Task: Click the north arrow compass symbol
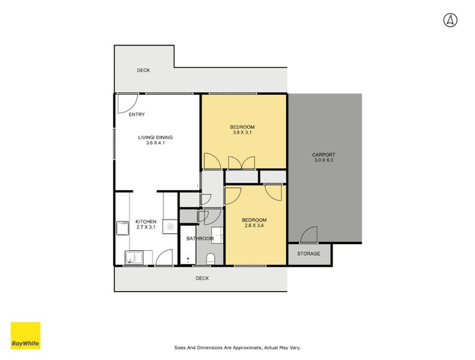450,20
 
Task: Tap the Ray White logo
26,336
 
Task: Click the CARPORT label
324,155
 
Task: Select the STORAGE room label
309,254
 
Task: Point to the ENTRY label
136,115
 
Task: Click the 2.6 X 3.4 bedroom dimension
254,226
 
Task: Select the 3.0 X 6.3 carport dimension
324,161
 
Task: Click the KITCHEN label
145,221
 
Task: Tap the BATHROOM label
199,239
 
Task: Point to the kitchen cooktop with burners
170,227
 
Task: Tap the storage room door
309,235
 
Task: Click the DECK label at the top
143,70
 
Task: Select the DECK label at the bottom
202,278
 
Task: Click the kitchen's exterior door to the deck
163,259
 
